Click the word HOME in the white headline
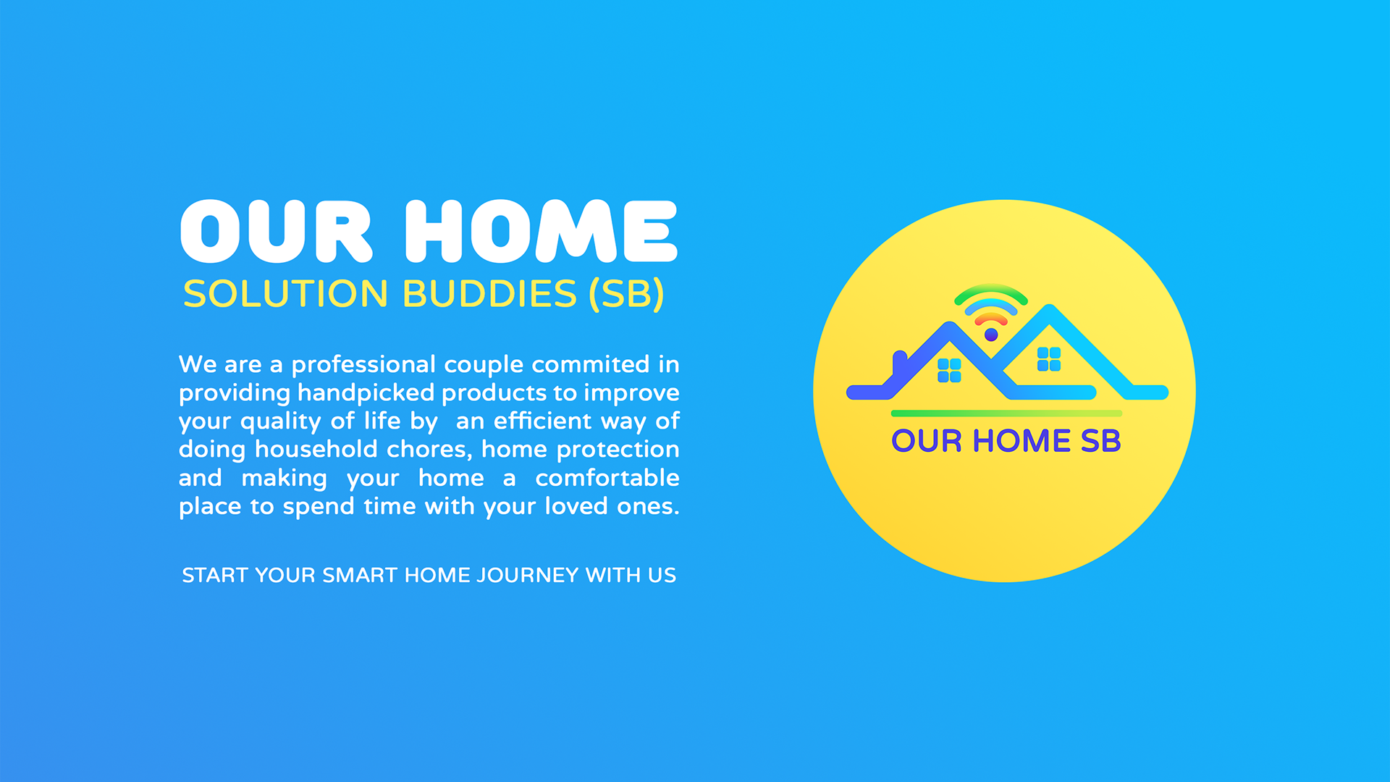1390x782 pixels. click(x=541, y=231)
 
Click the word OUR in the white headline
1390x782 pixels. click(x=276, y=231)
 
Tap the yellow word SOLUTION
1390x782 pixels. click(x=286, y=294)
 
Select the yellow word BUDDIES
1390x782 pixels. click(x=489, y=294)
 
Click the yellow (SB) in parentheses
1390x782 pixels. click(x=627, y=294)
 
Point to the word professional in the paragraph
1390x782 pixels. click(x=363, y=365)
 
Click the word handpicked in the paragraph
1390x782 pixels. click(x=366, y=393)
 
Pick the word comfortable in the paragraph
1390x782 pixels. click(x=607, y=478)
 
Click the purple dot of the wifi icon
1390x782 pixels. click(x=991, y=335)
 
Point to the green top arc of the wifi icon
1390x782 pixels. click(x=991, y=287)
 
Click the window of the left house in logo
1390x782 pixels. click(x=949, y=370)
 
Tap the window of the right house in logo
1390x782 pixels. click(x=1049, y=359)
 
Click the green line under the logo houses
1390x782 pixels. click(x=1006, y=413)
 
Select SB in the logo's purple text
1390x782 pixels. click(x=1100, y=441)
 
